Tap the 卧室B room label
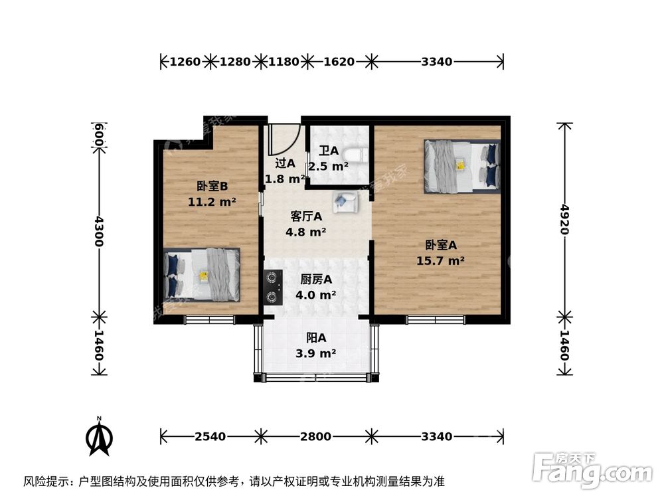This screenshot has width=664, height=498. click(x=212, y=187)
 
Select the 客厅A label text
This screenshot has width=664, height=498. click(x=306, y=216)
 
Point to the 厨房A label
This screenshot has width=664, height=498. click(x=306, y=280)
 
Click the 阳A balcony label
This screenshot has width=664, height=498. click(x=315, y=338)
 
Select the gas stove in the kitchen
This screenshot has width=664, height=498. click(x=273, y=287)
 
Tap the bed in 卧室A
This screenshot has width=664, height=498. click(x=461, y=165)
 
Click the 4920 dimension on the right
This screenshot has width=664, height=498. click(x=564, y=219)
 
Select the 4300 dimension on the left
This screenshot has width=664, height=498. click(x=98, y=231)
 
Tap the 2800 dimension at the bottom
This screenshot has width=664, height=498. click(x=315, y=436)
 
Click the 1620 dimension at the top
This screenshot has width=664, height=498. click(x=339, y=62)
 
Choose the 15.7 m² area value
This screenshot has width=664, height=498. click(x=440, y=261)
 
